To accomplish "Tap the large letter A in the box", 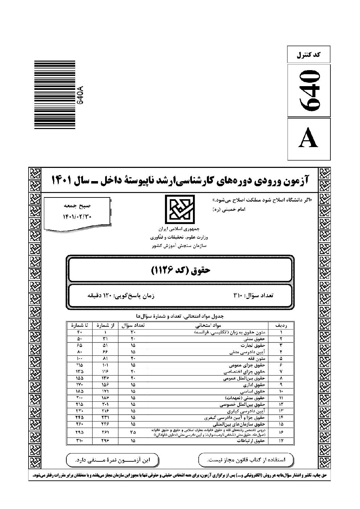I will click(309, 139).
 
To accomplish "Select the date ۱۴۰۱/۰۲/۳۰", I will click(77, 216).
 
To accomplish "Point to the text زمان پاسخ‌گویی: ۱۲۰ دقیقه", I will click(121, 296).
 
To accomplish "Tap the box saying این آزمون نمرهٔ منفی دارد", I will click(113, 460).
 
